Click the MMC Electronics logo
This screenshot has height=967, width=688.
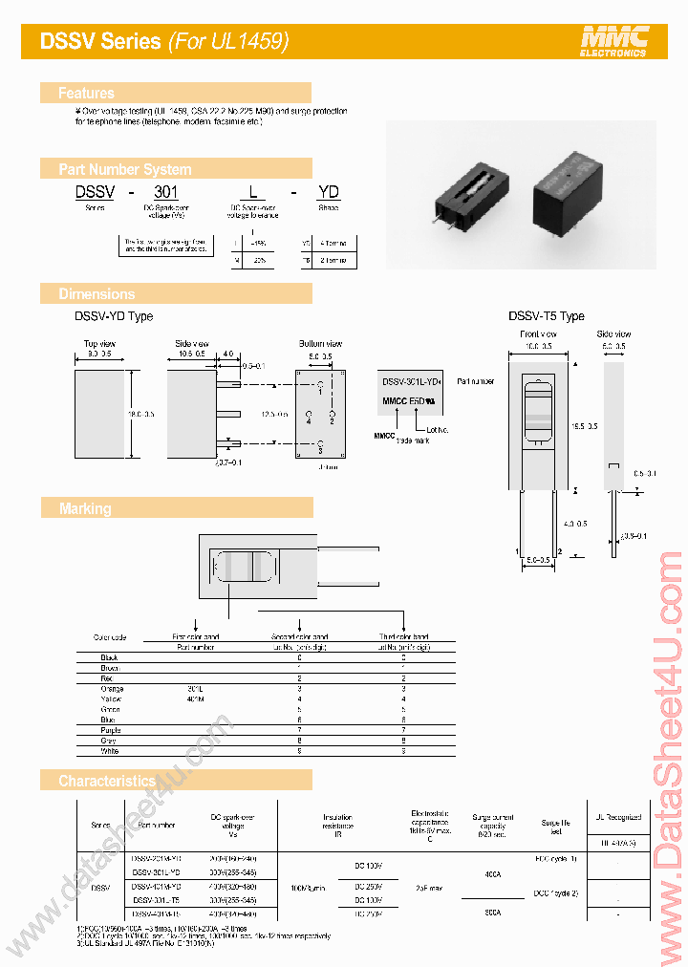(x=614, y=40)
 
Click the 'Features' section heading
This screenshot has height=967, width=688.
(x=86, y=93)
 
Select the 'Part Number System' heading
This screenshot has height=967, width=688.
(x=124, y=169)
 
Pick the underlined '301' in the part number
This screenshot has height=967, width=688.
(x=166, y=191)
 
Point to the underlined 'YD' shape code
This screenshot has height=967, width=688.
(x=328, y=191)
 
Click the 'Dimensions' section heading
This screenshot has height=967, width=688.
(x=97, y=294)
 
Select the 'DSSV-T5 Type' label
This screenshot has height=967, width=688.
(x=546, y=316)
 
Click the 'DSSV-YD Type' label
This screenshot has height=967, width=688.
(x=114, y=316)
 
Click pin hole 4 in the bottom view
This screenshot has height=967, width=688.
(x=310, y=418)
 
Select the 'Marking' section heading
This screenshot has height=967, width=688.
(x=85, y=509)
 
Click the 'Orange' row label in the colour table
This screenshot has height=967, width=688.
(x=112, y=689)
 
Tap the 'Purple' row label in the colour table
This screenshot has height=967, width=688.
(x=112, y=731)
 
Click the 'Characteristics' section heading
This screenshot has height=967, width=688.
(x=106, y=781)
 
